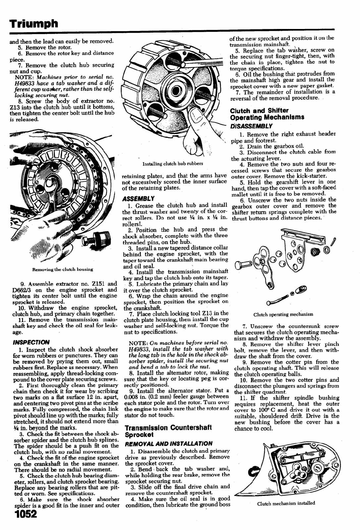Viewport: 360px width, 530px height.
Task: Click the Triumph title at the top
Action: point(33,23)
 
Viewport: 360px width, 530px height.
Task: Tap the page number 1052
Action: point(26,514)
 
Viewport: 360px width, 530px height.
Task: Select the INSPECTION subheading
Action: point(31,342)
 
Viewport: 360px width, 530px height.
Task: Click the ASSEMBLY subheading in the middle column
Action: point(138,199)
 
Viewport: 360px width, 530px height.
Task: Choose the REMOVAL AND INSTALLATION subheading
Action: point(169,443)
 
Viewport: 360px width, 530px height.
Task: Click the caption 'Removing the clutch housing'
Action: point(62,269)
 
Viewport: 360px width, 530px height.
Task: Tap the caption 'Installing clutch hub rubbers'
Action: point(173,164)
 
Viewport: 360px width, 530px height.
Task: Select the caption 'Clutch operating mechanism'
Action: point(283,314)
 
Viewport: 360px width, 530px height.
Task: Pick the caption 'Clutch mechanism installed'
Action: point(286,503)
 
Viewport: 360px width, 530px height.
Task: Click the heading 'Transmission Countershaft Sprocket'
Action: point(168,431)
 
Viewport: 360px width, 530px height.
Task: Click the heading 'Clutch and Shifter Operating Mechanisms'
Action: point(267,114)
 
